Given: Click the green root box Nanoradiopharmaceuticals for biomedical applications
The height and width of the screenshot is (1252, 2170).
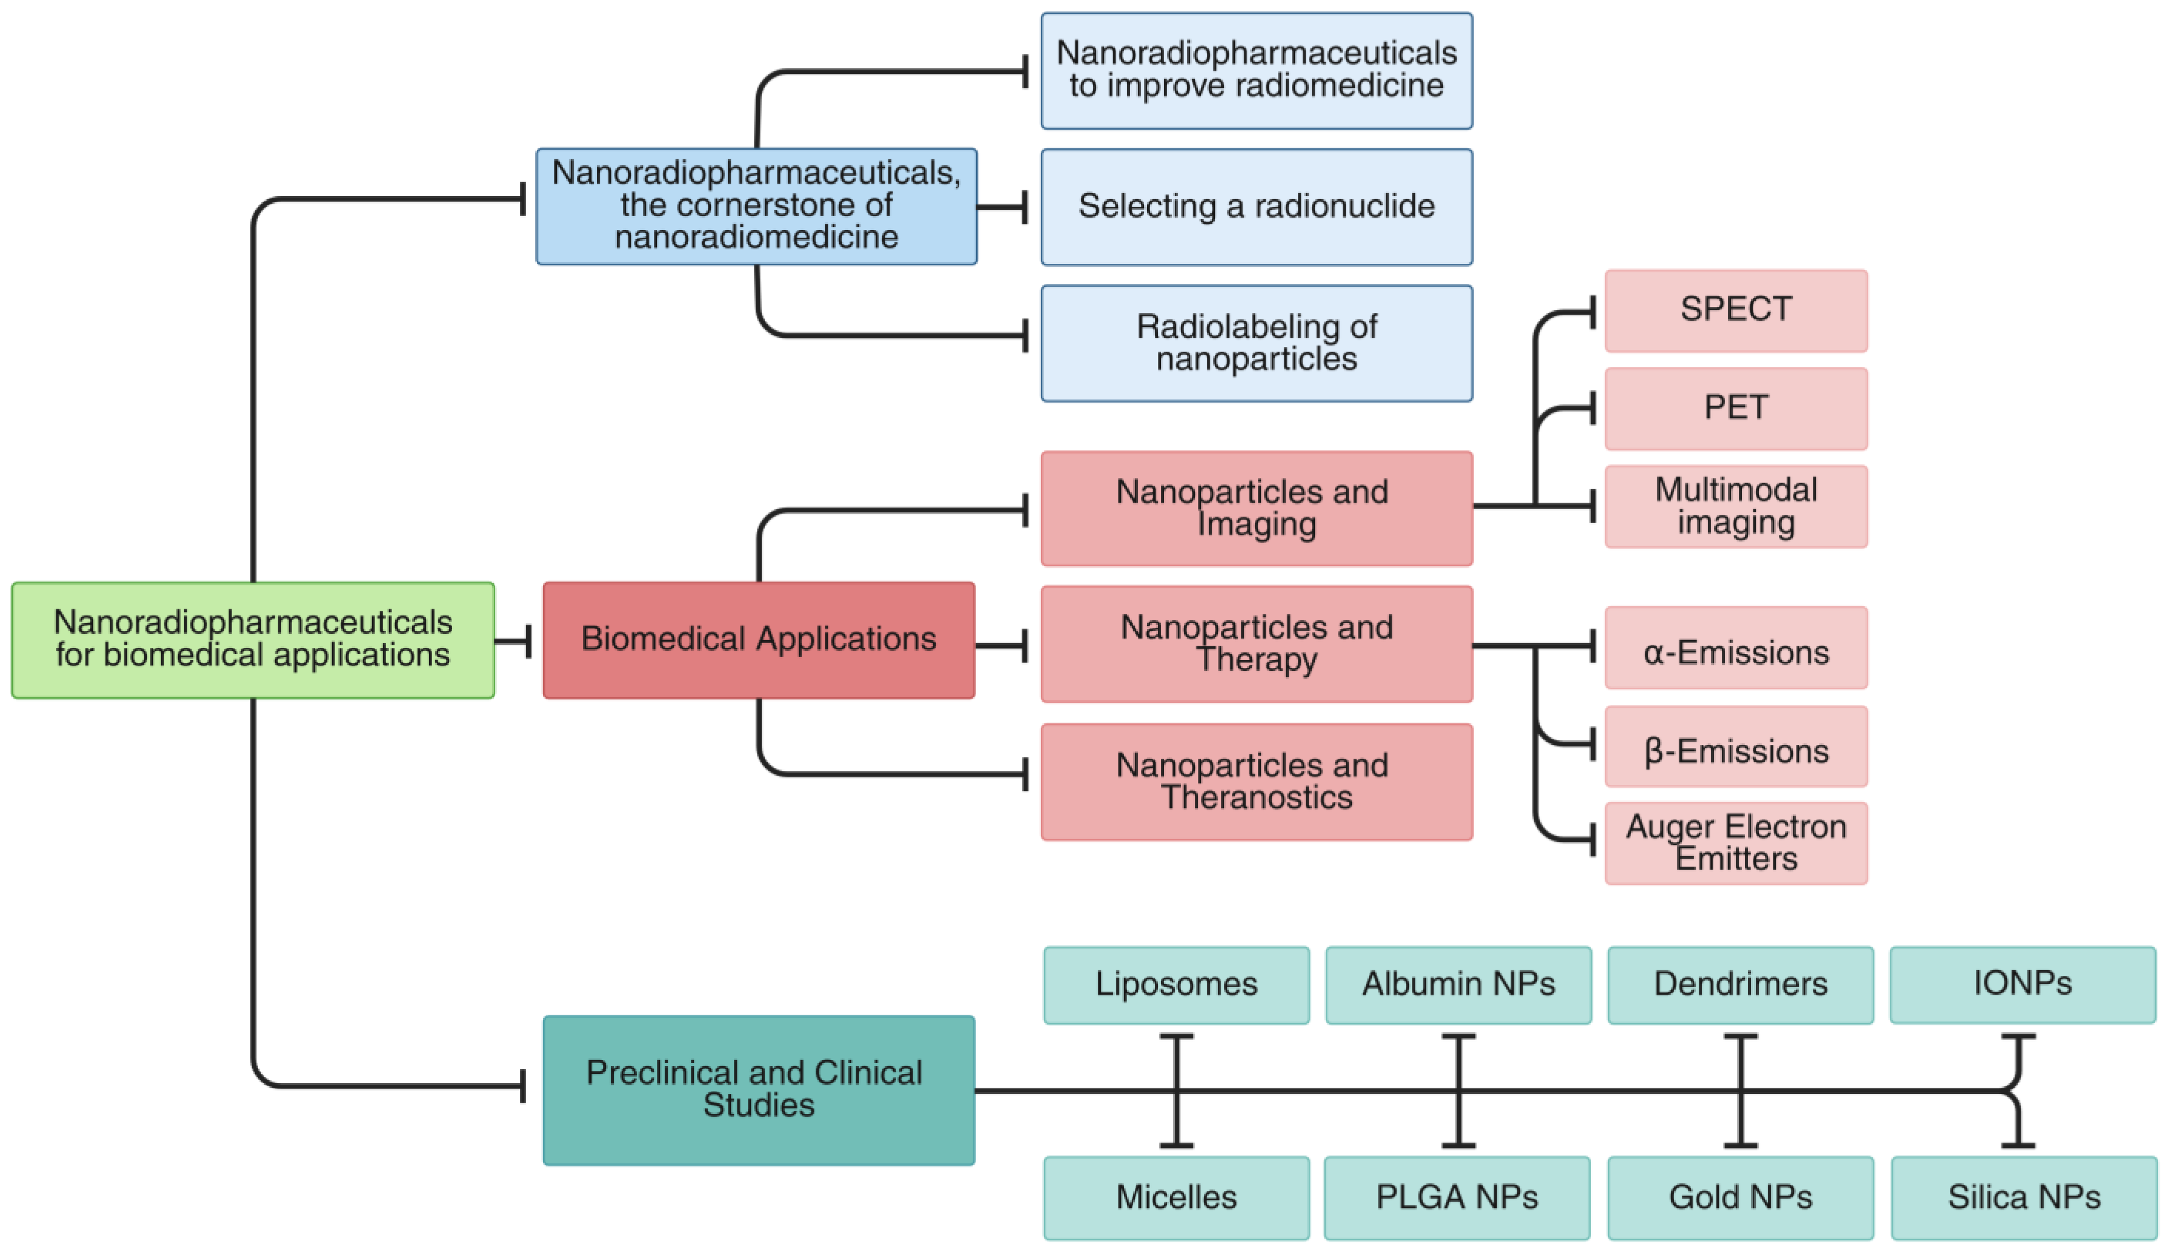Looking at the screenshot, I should [x=253, y=640].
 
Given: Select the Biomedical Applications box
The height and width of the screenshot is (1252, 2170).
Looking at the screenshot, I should [x=758, y=640].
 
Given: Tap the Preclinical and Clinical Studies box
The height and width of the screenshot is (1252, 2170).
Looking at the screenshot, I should [x=758, y=1089].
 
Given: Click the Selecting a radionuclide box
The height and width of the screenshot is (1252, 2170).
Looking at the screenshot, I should [x=1256, y=206].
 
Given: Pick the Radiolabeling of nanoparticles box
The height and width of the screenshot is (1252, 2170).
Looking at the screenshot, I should [x=1256, y=343].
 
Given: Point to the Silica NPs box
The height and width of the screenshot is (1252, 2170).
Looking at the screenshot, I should [x=2023, y=1197].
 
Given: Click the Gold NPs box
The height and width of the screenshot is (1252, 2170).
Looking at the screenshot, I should [x=1739, y=1197].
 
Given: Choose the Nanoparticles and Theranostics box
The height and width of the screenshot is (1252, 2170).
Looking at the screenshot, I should [x=1256, y=782].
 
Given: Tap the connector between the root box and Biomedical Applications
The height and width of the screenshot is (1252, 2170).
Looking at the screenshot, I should [x=513, y=641].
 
